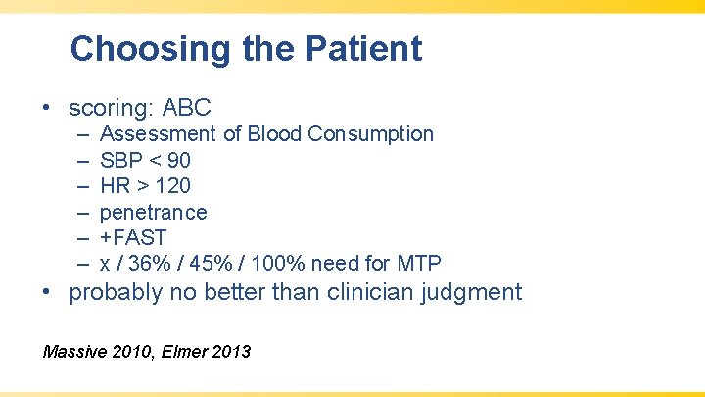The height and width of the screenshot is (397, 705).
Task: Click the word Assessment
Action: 158,133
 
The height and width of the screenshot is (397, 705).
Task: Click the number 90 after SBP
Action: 178,160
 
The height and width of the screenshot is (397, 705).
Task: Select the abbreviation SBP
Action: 120,160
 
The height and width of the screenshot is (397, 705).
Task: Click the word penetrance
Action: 154,212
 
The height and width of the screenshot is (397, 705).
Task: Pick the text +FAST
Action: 133,237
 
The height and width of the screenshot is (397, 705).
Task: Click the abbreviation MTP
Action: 419,264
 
